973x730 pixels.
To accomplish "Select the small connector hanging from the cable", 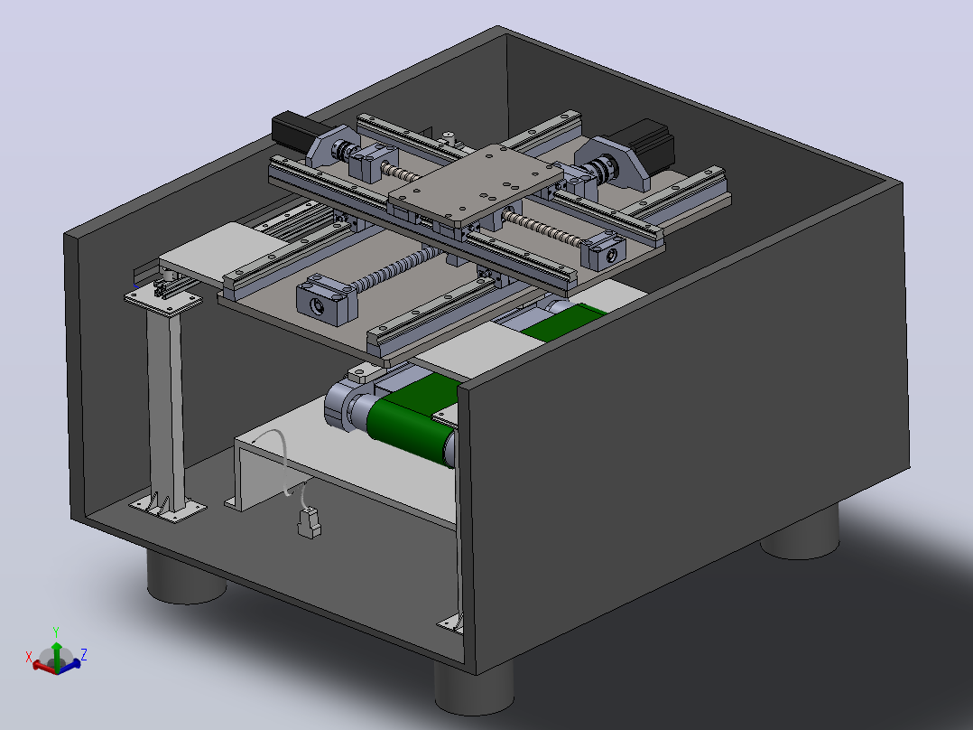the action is coord(309,522).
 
